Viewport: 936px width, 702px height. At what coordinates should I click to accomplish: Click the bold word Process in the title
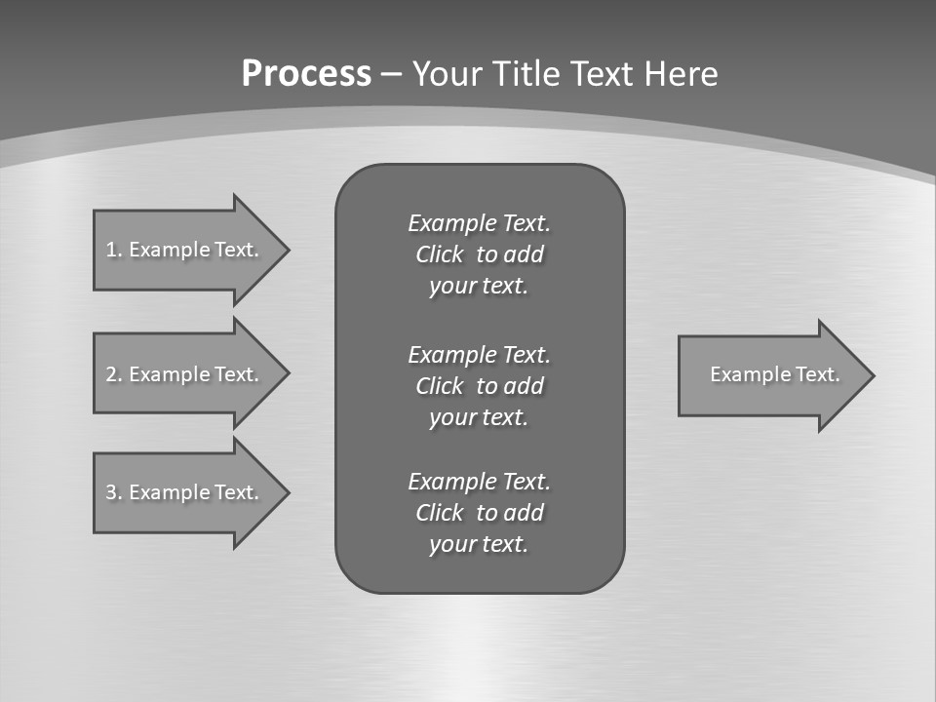coord(306,74)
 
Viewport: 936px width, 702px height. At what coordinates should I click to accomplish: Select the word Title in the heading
coord(528,74)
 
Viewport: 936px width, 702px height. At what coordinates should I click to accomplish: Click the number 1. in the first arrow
coord(113,250)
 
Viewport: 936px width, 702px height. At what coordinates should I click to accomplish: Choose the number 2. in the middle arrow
coord(113,374)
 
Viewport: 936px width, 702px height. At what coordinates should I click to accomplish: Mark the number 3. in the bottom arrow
coord(113,492)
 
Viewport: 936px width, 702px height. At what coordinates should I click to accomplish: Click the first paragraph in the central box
coord(479,254)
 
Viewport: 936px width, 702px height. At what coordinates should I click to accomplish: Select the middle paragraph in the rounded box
coord(479,385)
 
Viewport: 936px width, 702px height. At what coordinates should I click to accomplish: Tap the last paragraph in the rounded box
coord(479,513)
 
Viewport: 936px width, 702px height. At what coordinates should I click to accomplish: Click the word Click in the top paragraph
coord(439,254)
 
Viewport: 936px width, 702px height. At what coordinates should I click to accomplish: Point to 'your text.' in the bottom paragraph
coord(479,544)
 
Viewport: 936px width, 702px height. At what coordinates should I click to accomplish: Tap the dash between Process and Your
coord(391,75)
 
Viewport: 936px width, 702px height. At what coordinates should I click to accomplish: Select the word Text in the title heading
coord(598,74)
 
